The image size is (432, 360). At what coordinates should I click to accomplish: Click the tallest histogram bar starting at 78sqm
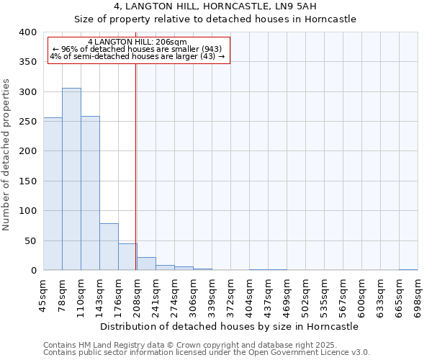[71, 179]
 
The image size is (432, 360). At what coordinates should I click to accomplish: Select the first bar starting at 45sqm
[53, 194]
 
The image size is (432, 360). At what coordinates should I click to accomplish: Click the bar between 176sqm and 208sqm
[127, 257]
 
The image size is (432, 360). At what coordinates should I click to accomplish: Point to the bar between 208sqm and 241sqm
[146, 264]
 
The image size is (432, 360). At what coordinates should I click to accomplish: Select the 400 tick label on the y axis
[27, 32]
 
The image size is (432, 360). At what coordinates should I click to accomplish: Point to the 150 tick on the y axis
[27, 181]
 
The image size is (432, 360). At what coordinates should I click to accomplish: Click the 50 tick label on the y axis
[30, 241]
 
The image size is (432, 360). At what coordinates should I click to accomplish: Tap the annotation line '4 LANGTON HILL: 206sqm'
[137, 42]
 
